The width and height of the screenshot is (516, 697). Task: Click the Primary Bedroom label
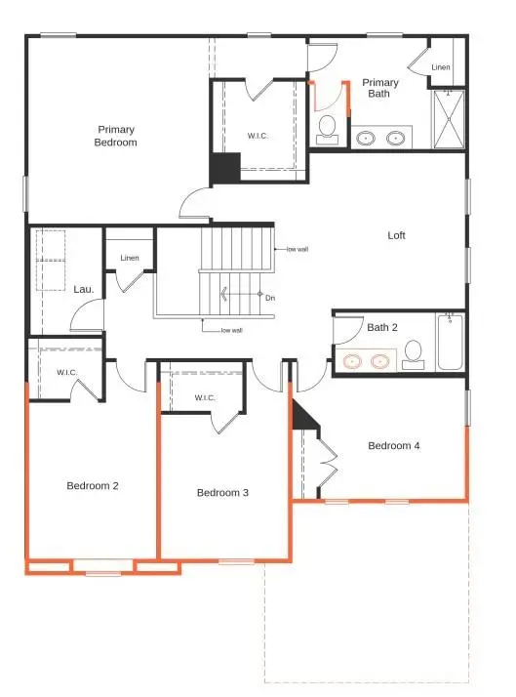pyautogui.click(x=116, y=136)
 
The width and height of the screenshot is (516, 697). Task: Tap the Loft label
pyautogui.click(x=396, y=235)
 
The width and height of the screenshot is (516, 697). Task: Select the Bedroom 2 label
pyautogui.click(x=92, y=485)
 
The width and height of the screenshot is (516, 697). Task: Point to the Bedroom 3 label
pyautogui.click(x=222, y=492)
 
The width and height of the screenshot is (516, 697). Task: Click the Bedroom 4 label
pyautogui.click(x=394, y=446)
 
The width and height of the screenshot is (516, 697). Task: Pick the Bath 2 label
pyautogui.click(x=383, y=328)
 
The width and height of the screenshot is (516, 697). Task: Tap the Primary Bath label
pyautogui.click(x=380, y=89)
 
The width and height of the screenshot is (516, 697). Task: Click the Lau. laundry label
pyautogui.click(x=83, y=289)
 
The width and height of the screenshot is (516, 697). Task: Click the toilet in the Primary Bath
pyautogui.click(x=328, y=128)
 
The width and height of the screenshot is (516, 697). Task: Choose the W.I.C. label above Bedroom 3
pyautogui.click(x=205, y=397)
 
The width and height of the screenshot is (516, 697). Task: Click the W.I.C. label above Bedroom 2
pyautogui.click(x=67, y=372)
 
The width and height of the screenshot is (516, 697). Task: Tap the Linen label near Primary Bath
pyautogui.click(x=441, y=66)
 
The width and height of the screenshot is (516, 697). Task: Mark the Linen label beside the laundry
pyautogui.click(x=130, y=258)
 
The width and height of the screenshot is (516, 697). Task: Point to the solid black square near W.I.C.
pyautogui.click(x=225, y=168)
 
